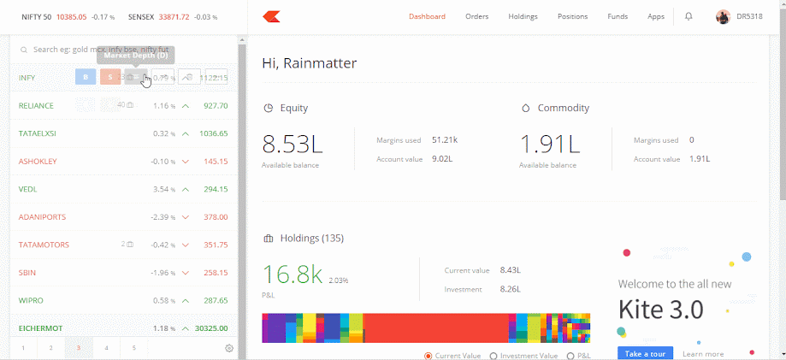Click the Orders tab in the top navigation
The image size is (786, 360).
477,16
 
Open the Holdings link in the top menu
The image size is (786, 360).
523,16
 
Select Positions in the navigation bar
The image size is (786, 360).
572,16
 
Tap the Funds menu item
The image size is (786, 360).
618,16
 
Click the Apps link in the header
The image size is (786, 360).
656,16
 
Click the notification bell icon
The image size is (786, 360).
688,16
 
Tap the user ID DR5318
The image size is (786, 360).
749,16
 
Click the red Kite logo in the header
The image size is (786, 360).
272,16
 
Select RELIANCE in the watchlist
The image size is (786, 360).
37,106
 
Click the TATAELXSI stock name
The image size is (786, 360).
38,133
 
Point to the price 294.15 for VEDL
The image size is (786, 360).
216,189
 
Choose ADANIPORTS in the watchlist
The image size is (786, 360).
42,217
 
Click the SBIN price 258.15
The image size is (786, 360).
216,273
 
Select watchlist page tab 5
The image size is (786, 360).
134,348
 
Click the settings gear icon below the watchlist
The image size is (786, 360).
229,348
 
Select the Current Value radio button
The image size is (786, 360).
428,356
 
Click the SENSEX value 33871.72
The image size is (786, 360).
172,16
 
